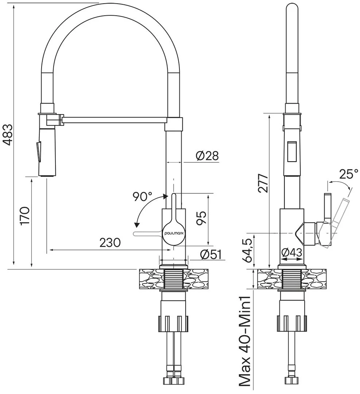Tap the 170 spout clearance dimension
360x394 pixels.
(25, 216)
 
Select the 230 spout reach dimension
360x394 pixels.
(109, 243)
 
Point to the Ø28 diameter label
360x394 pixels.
(207, 156)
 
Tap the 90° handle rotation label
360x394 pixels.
(142, 197)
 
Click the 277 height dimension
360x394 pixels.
(263, 185)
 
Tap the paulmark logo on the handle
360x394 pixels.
(174, 232)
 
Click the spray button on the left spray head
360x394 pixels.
(38, 151)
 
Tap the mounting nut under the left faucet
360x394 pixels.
(174, 322)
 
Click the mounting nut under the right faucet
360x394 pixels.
(292, 322)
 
